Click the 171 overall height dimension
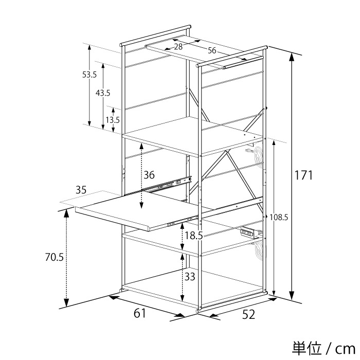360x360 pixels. (303, 176)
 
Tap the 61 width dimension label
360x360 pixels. (140, 313)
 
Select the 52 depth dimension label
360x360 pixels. (248, 314)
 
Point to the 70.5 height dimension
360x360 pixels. (54, 257)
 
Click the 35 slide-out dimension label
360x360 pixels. (81, 190)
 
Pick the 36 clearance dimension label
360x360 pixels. (149, 175)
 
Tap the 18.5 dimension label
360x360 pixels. (193, 236)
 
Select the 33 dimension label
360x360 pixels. (190, 277)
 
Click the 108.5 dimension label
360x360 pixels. (279, 217)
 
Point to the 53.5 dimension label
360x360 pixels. (89, 75)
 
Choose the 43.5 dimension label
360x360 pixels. (103, 93)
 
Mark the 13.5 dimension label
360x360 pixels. (113, 120)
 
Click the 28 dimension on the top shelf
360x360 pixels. (178, 47)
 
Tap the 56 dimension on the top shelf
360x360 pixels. (212, 50)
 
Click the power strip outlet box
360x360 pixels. (248, 232)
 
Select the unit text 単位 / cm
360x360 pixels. (323, 349)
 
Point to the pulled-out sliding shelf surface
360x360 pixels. (138, 210)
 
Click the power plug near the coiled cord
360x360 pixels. (249, 151)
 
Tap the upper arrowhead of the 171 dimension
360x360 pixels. (292, 57)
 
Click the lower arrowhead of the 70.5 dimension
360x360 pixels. (66, 303)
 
